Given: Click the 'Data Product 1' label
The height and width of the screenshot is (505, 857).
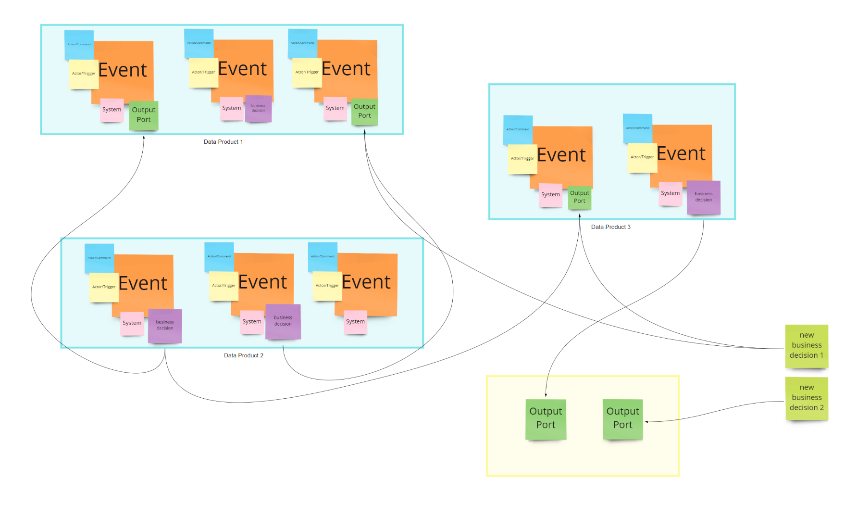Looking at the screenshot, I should point(223,142).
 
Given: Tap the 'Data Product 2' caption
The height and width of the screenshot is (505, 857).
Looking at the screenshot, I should point(243,355).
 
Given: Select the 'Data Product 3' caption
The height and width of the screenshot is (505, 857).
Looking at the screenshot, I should point(610,227).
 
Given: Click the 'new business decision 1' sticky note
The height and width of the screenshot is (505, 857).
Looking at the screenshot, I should point(806,345).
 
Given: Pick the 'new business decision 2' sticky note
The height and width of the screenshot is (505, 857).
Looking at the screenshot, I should point(806,398).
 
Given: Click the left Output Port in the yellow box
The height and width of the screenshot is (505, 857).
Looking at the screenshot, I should point(546,418).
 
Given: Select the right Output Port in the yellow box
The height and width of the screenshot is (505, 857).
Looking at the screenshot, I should point(622,418).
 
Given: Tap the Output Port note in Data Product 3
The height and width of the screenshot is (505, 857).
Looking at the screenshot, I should point(579,197).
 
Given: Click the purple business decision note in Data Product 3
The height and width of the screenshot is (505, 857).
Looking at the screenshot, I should point(703,197).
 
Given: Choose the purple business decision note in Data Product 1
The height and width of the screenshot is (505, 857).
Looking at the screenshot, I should point(258,108).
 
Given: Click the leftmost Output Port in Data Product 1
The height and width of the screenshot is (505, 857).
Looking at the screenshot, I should point(143,115).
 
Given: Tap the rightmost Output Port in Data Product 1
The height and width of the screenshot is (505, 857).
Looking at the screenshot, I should point(364,112).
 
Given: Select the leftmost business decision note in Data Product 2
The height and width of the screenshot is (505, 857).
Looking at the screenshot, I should point(164,326).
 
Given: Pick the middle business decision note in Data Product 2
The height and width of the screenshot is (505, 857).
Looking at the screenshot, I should point(283,321).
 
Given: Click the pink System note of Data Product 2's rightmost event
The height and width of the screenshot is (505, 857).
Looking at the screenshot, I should point(355,322).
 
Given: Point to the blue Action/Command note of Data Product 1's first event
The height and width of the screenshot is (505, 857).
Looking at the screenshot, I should point(78,44).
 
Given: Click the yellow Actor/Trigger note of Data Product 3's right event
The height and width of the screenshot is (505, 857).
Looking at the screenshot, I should point(642,157).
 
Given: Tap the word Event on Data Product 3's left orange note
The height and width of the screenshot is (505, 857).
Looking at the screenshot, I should point(561,155).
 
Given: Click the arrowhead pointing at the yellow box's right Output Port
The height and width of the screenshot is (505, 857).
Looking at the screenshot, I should point(646,422).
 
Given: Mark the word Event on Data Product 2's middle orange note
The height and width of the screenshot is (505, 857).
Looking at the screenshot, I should point(262,282).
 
